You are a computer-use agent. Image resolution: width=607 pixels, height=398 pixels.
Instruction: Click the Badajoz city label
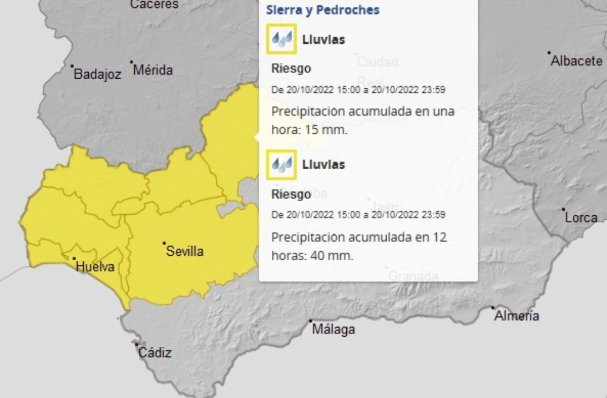click(x=97, y=74)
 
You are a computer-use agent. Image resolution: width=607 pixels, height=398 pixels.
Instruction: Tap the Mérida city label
click(x=153, y=70)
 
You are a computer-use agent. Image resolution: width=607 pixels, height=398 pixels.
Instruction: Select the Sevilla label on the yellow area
click(x=184, y=251)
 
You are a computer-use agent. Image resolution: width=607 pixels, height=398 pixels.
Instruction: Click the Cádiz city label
click(x=155, y=352)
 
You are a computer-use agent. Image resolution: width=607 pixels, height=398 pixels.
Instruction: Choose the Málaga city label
click(x=333, y=329)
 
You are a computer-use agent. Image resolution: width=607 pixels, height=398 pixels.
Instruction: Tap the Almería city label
click(x=517, y=316)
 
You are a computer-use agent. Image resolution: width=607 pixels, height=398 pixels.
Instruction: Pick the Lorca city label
click(x=581, y=217)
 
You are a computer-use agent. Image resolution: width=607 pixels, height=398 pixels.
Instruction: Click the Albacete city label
click(x=576, y=61)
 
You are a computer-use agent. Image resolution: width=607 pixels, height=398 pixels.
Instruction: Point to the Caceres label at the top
click(x=154, y=4)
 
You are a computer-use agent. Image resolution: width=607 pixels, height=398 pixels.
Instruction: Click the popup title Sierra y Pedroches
click(x=323, y=10)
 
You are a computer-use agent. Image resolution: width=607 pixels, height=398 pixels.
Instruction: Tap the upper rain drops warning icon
click(x=282, y=39)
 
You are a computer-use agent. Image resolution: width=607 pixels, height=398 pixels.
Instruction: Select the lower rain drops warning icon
click(x=282, y=164)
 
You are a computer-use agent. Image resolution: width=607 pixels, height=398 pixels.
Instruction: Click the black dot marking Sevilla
click(x=164, y=243)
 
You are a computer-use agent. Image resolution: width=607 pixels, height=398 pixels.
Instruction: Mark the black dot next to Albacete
click(x=549, y=53)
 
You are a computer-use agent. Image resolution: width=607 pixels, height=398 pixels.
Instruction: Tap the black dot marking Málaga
click(x=310, y=322)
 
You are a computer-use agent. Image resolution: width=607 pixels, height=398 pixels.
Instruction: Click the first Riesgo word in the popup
click(x=291, y=69)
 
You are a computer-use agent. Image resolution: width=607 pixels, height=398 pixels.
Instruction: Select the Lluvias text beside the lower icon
click(x=324, y=165)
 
